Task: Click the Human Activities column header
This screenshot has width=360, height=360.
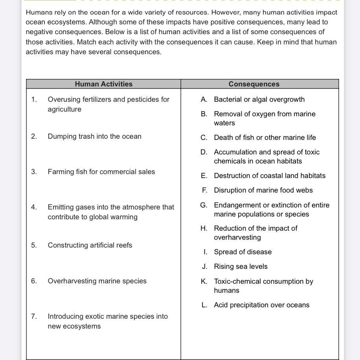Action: (x=104, y=84)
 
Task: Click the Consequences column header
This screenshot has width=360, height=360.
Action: (x=254, y=84)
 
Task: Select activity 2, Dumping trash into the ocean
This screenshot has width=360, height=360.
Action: (x=94, y=136)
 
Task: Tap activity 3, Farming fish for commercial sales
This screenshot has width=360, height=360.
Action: (x=101, y=172)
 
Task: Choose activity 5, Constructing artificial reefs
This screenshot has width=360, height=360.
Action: (x=90, y=245)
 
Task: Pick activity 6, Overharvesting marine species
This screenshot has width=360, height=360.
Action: (x=97, y=281)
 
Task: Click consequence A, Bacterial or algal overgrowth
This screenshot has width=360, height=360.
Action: (x=259, y=99)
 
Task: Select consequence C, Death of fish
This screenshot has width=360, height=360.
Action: (x=264, y=138)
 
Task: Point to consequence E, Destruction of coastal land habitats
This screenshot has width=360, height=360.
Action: (x=270, y=176)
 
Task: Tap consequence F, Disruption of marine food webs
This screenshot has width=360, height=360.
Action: (x=263, y=190)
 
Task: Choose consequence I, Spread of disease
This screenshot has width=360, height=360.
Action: (x=242, y=252)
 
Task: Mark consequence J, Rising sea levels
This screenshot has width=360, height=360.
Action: (x=241, y=266)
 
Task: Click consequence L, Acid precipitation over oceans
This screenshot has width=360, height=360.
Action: (x=261, y=305)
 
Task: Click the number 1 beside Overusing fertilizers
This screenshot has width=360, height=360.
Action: (x=34, y=99)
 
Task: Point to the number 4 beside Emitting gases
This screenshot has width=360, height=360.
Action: (x=34, y=207)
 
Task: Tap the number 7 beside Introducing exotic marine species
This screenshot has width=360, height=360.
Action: (x=34, y=316)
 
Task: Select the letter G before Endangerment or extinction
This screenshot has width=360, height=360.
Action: (x=204, y=205)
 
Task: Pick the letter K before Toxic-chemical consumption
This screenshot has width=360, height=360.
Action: (x=204, y=281)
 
